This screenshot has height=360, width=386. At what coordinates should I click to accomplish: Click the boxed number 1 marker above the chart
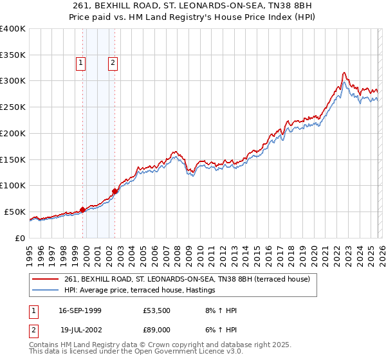81,63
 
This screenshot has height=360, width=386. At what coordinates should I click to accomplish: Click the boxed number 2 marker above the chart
113,63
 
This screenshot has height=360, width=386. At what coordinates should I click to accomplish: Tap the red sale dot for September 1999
82,210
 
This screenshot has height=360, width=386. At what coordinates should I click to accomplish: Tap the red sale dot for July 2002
115,191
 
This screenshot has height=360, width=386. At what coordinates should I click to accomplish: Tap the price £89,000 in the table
157,328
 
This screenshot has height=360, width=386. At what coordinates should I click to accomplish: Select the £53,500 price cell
157,310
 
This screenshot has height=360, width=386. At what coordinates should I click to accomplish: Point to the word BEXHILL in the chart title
142,6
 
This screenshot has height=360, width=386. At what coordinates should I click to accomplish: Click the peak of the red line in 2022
345,73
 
